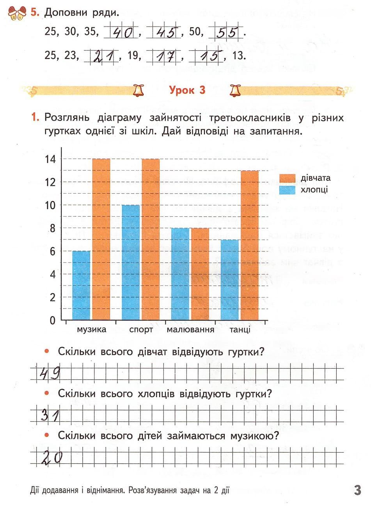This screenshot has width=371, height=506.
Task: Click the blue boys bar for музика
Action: point(81,285)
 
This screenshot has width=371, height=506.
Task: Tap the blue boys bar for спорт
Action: point(131,262)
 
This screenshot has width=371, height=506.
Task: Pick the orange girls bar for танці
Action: point(250,245)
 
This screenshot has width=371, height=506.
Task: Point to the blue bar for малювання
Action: point(180,274)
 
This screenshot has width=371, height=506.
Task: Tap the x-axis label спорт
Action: point(141,330)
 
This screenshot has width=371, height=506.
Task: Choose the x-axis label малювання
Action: point(190,330)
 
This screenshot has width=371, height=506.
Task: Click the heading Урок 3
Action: point(187,90)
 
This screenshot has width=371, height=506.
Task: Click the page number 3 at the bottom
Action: point(357,490)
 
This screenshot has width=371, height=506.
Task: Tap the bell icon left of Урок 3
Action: point(138,91)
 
